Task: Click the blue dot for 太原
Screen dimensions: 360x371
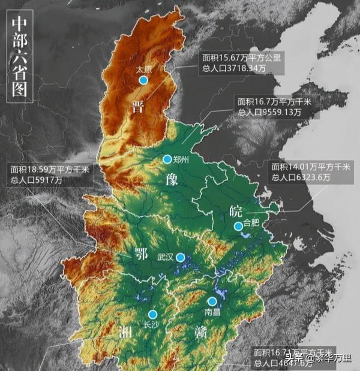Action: click(143, 79)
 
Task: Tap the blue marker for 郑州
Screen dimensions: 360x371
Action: click(167, 159)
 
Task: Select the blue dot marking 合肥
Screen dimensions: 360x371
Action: click(238, 226)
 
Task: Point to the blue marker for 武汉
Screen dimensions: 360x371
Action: click(180, 257)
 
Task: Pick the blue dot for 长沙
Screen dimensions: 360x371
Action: click(152, 314)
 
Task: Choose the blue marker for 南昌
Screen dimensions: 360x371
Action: click(212, 301)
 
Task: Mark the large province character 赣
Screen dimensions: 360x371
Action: click(200, 333)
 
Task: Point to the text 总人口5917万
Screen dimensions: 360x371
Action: click(36, 180)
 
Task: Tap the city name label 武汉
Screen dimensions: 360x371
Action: click(165, 257)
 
